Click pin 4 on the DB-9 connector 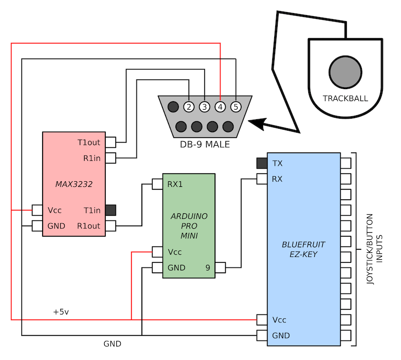(220, 107)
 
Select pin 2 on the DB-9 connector (189, 107)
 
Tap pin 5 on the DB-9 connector (236, 107)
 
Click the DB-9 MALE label (205, 145)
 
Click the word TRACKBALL (345, 98)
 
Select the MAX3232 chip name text (74, 184)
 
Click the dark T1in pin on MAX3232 (111, 210)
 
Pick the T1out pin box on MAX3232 (110, 142)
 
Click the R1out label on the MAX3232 (89, 226)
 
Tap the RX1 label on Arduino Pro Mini (175, 184)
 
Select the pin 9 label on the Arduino (208, 268)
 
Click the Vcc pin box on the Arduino (157, 252)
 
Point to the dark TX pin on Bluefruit (262, 163)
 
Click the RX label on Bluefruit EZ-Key (277, 178)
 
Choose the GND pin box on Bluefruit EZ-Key (262, 335)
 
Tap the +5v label (61, 311)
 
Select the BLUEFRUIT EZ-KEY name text (304, 249)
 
